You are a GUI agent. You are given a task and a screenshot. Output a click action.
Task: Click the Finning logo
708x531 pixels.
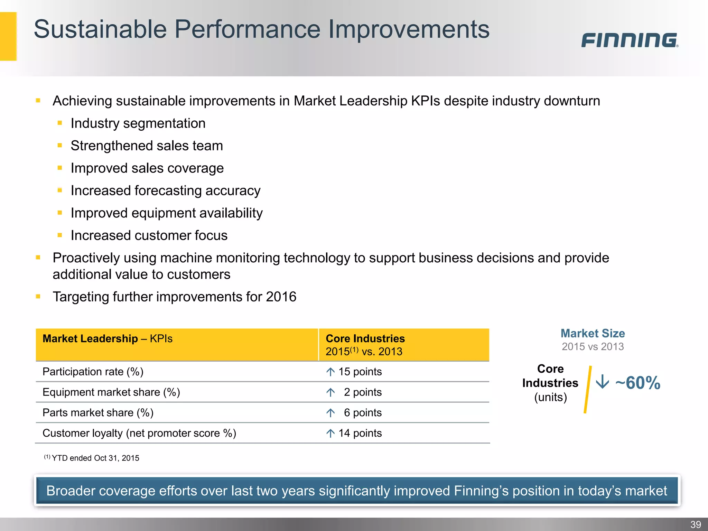630,40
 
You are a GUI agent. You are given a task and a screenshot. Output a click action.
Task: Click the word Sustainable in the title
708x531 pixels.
100,29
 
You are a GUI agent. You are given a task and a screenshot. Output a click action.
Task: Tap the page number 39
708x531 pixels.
696,524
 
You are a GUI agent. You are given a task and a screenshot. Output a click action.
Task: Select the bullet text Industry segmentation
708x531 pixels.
138,123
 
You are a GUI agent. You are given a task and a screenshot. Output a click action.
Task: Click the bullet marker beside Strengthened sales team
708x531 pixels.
60,146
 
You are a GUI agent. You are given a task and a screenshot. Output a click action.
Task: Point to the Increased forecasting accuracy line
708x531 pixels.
165,191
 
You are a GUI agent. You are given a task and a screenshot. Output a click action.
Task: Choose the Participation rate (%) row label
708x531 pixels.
93,372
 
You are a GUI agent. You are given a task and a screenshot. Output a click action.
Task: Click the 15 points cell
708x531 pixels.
360,372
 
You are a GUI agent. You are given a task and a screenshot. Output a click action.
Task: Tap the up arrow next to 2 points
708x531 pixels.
330,392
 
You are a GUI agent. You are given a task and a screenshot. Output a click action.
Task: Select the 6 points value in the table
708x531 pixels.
362,413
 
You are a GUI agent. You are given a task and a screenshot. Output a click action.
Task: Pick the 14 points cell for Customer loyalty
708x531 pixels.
360,433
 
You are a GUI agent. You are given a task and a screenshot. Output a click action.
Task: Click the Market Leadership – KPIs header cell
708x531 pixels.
107,339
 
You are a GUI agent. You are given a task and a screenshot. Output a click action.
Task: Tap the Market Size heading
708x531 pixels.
593,333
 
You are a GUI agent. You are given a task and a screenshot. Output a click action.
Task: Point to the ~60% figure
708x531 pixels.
638,383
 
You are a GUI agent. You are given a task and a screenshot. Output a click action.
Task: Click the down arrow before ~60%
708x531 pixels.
602,382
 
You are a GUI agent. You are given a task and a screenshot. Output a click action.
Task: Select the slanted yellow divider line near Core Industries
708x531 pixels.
588,390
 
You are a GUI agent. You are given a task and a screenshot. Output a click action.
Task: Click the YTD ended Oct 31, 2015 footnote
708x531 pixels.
95,458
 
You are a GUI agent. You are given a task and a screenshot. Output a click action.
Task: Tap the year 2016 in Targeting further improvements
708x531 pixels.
281,297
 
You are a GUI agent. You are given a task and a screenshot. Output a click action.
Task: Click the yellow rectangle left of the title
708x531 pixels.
8,36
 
